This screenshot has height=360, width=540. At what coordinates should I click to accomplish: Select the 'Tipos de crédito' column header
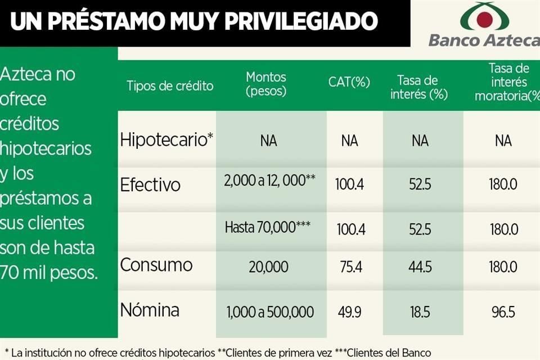pos(170,86)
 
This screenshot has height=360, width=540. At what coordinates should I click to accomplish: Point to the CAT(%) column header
pos(349,82)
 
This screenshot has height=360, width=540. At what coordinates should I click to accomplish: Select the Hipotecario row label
pos(166,139)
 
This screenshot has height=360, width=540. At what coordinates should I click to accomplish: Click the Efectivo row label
pos(151,184)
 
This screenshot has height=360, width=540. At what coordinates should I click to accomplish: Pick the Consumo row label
pos(156,265)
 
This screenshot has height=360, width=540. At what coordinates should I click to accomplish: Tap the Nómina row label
pos(150,310)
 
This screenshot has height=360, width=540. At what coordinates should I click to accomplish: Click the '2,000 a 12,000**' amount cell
pos(269,181)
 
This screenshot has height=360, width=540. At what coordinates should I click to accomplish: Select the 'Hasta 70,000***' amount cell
pos(268,227)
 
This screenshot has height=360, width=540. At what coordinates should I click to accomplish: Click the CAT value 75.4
pos(350,267)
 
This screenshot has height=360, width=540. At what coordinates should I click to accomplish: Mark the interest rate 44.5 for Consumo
pos(420,267)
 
